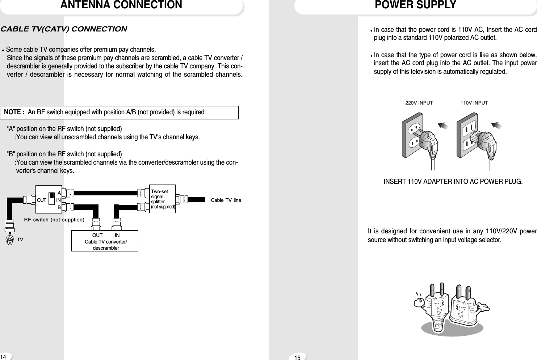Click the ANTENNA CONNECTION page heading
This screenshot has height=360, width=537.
tap(121, 5)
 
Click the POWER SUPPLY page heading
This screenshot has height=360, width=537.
tap(415, 5)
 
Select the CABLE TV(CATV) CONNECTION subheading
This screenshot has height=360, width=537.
tap(64, 29)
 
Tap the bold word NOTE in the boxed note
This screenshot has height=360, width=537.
tap(14, 112)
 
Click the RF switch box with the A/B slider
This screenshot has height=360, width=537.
tap(49, 199)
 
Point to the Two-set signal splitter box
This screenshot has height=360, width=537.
tap(162, 199)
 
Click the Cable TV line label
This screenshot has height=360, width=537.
tap(226, 200)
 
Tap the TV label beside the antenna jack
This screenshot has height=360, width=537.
tap(20, 240)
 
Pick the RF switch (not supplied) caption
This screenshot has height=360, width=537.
tap(54, 220)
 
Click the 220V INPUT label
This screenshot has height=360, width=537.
tap(419, 103)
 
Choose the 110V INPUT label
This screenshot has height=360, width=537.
tap(474, 103)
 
